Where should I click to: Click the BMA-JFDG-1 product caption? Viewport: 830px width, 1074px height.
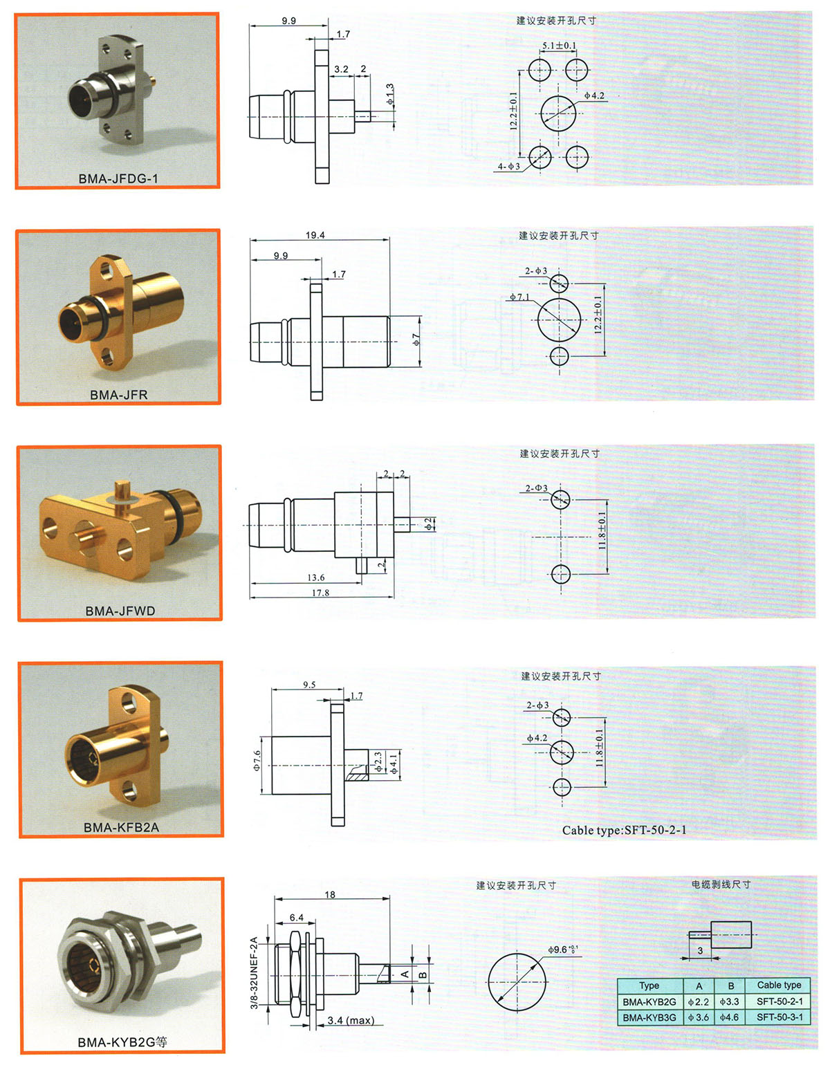(118, 178)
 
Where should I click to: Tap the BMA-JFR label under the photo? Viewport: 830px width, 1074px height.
(119, 394)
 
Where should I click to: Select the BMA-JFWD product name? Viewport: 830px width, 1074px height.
(120, 611)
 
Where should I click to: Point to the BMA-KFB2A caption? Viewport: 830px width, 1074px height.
(121, 827)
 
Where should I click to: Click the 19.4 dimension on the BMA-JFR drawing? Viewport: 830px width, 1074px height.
(315, 234)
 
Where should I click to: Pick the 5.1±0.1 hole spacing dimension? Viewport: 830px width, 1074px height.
(559, 46)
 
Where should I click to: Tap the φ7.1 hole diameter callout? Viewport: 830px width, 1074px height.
(519, 297)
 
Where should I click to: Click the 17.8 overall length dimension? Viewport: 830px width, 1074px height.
(320, 592)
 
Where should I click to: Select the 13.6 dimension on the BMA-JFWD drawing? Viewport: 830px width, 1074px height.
(315, 577)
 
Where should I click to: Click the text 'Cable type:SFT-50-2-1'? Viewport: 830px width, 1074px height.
(625, 830)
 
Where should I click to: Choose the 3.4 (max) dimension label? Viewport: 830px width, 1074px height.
(351, 1020)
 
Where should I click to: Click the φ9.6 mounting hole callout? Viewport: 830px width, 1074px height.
(562, 950)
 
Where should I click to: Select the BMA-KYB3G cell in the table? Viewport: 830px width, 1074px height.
(649, 1017)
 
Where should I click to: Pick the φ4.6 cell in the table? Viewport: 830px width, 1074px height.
(729, 1017)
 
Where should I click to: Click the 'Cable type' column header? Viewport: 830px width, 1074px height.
(779, 985)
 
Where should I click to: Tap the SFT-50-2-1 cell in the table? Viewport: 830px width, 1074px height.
(780, 1001)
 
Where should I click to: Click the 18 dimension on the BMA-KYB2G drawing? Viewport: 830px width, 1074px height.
(330, 894)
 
